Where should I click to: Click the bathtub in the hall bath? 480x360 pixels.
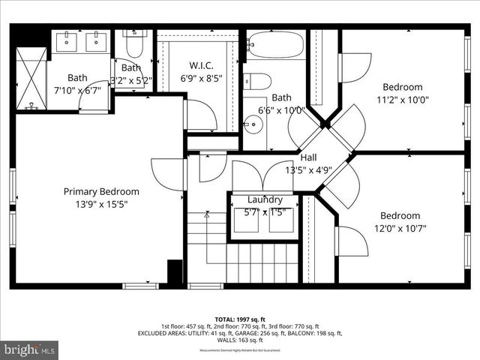(x=275, y=44)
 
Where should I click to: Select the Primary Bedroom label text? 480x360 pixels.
(x=100, y=191)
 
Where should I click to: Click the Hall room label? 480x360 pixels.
(x=309, y=157)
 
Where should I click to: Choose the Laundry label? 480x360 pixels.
(x=265, y=199)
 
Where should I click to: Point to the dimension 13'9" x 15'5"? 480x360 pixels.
(x=101, y=204)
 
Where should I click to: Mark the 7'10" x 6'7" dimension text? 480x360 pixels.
(x=77, y=90)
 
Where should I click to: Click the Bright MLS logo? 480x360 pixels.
(x=30, y=349)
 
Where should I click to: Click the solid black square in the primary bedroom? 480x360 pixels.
(x=175, y=271)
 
